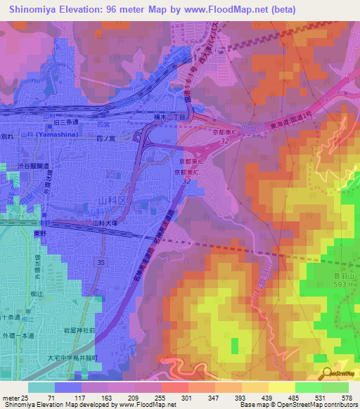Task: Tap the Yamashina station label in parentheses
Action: coord(54,133)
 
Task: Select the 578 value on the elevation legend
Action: coord(347,398)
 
